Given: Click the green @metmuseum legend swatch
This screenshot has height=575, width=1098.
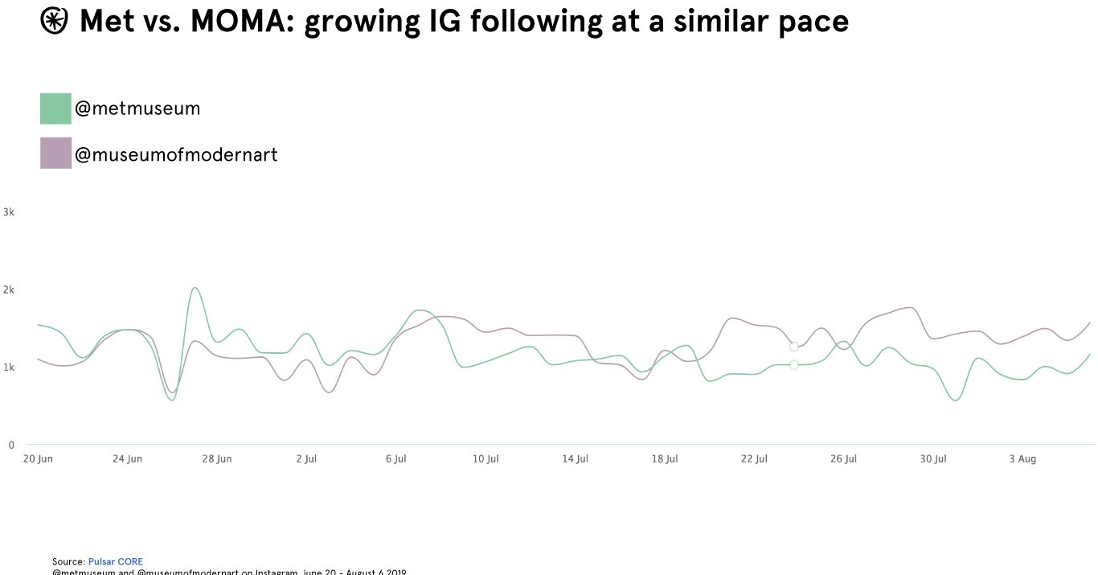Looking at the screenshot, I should tap(55, 109).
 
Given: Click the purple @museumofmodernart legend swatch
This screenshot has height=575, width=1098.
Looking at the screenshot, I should tap(55, 153).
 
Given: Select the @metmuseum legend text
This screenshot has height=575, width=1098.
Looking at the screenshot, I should tap(137, 109).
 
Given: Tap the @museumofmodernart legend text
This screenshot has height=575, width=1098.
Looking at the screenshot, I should tap(176, 154).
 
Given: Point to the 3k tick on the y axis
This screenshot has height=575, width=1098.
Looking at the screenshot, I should tap(9, 212).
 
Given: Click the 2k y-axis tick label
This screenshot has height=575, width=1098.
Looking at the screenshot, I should tap(9, 290).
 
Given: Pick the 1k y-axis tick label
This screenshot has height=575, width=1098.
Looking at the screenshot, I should tap(9, 368).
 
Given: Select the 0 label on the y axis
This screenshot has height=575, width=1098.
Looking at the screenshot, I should tap(11, 445).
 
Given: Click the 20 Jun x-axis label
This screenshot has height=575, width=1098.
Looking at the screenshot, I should tap(38, 459).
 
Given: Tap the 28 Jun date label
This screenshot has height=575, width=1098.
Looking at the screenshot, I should tap(217, 459).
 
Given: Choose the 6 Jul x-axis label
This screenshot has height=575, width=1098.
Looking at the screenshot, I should tap(395, 459).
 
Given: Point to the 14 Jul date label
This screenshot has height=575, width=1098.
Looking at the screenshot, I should tap(575, 459).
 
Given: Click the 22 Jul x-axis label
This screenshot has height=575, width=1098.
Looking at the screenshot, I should tap(754, 459).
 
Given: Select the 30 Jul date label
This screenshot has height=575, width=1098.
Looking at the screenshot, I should tap(933, 459).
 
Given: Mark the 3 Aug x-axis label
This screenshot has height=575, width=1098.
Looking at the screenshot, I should tap(1022, 459).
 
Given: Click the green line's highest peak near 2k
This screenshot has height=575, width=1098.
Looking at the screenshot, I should tap(195, 288).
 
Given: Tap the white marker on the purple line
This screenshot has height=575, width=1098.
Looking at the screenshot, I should tap(794, 347).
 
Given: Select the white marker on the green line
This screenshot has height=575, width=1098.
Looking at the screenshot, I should tap(794, 364).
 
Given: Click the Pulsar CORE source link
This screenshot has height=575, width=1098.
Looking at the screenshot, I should tap(115, 561).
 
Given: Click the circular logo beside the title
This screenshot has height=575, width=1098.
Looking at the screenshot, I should tap(54, 22).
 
